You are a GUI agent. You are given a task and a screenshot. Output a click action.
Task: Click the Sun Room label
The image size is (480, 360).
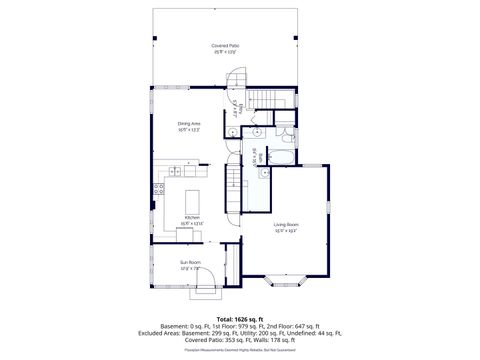tap(191, 266)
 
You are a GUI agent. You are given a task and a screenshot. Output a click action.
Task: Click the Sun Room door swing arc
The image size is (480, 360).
tap(207, 288)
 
